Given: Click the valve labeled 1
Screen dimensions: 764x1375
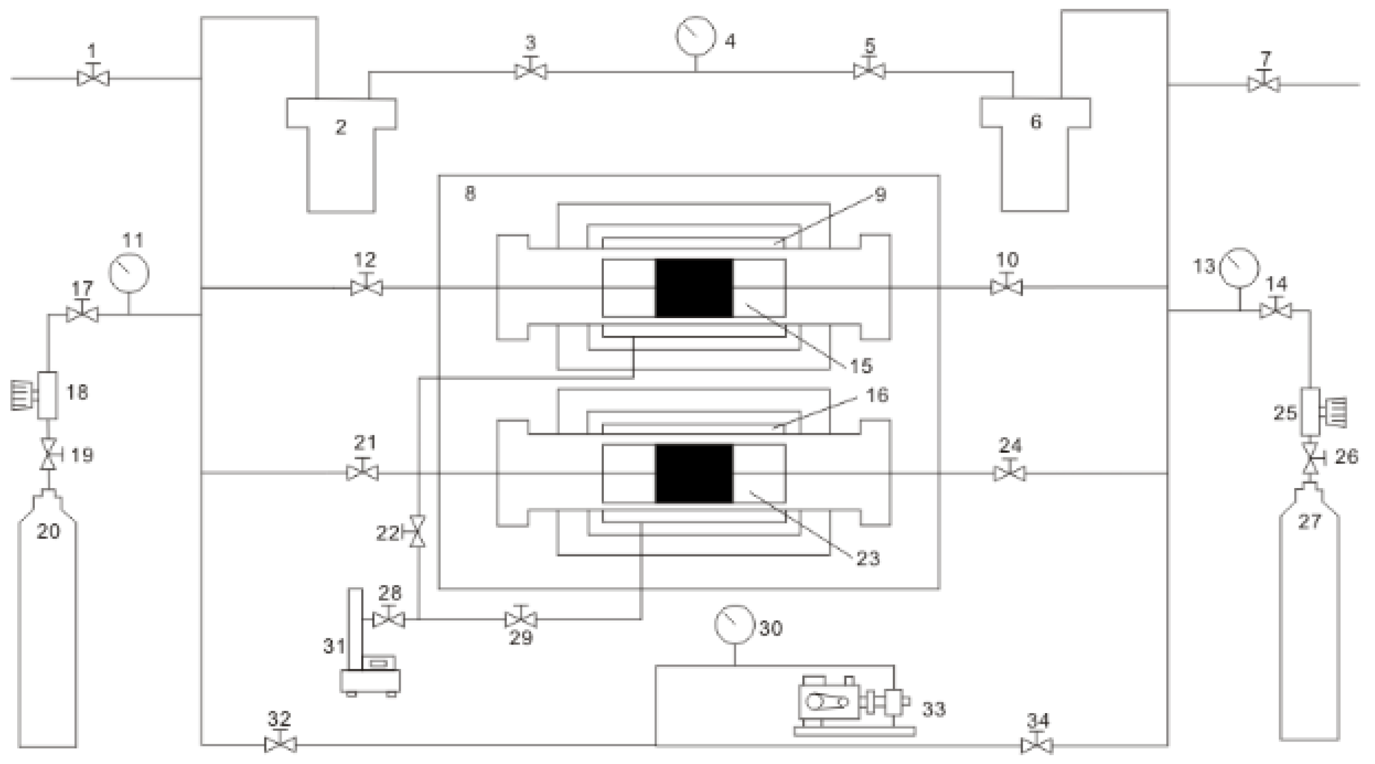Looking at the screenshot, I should coord(94,79).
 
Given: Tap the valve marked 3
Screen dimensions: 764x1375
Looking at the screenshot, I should coord(530,72).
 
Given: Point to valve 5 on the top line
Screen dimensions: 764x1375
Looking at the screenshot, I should coord(869,71).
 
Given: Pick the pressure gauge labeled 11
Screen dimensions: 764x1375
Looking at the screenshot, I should coord(129,273).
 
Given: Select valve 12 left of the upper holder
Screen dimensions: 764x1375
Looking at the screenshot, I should coord(366,288).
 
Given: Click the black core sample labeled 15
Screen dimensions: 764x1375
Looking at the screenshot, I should coord(694,288).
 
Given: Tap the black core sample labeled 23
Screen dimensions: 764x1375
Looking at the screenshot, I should coord(694,473).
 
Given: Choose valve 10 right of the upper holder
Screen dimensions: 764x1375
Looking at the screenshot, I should coord(1006,288).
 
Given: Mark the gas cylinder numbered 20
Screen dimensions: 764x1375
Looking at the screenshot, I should coord(47,620).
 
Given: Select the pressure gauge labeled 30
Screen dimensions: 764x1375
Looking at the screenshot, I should coord(734,624).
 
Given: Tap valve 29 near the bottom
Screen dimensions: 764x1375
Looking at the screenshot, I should coord(520,620).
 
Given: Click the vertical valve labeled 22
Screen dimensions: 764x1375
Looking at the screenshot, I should coord(418,531).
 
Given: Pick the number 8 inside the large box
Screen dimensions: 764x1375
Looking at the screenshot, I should coord(470,193).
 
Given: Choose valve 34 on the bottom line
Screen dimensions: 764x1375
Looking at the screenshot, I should coord(1037,745).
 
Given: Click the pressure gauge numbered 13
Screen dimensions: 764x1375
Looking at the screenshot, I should coord(1239,268).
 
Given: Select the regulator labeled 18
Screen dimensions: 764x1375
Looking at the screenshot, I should coord(47,395).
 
